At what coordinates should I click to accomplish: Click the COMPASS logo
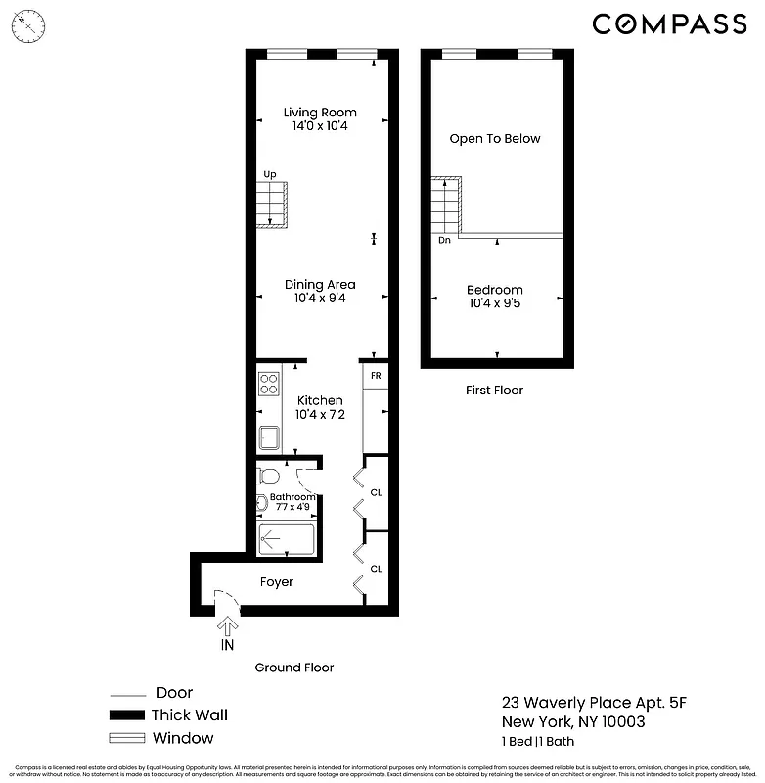[x=669, y=23]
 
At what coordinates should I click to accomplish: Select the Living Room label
[x=320, y=113]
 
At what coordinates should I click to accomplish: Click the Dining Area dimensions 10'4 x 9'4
[x=320, y=299]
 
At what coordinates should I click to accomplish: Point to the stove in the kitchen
[x=269, y=383]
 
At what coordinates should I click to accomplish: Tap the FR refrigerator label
[x=376, y=376]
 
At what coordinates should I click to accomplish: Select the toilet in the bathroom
[x=268, y=477]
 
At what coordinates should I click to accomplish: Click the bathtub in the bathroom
[x=286, y=539]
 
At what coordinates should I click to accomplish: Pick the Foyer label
[x=276, y=582]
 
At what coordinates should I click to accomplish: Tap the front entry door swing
[x=225, y=599]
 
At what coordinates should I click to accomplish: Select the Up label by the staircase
[x=270, y=174]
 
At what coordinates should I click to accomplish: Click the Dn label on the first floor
[x=444, y=240]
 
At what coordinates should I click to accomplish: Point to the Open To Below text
[x=494, y=139]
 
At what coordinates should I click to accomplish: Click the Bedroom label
[x=494, y=290]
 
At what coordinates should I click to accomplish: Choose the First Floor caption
[x=494, y=391]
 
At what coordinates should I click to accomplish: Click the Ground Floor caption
[x=294, y=668]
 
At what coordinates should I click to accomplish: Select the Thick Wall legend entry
[x=189, y=715]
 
